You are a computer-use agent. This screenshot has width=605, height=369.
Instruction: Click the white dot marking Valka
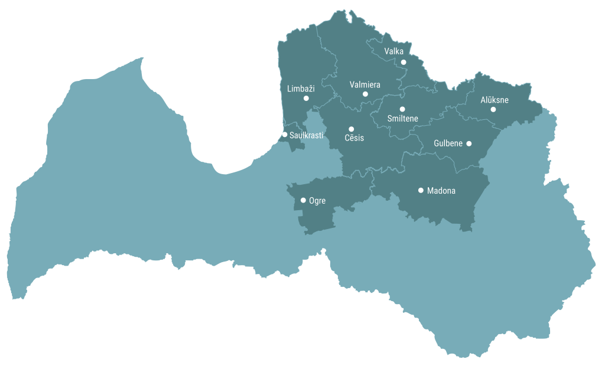tap(404, 62)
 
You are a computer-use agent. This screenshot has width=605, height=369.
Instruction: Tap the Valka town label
tap(393, 51)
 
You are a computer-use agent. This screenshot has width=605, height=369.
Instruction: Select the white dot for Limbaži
tap(306, 98)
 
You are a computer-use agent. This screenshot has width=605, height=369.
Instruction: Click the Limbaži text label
tap(301, 89)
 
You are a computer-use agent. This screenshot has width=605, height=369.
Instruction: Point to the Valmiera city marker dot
tap(365, 94)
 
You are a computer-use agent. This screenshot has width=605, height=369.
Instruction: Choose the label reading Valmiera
tap(365, 84)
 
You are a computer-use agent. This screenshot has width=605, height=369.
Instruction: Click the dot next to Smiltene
tap(402, 109)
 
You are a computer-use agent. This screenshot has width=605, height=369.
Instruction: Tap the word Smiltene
tap(402, 119)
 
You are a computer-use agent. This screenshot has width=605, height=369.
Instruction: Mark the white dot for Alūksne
tap(493, 109)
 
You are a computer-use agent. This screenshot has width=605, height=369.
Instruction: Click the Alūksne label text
tap(494, 100)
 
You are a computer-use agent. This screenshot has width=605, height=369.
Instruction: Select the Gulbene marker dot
tap(469, 143)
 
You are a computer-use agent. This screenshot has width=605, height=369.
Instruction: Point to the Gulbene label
tap(448, 143)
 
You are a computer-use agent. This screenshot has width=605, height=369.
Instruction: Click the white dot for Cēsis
tap(352, 129)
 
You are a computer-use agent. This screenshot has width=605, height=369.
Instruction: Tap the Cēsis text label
tap(354, 138)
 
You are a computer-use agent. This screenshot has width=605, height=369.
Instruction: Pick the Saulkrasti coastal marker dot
tap(285, 135)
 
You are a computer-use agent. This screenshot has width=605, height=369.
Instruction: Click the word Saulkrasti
tap(306, 135)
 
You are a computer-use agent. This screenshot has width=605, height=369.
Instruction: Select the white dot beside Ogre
tap(303, 200)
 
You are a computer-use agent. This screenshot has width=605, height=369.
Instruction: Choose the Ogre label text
tap(317, 201)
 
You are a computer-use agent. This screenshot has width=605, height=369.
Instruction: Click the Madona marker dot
tap(421, 190)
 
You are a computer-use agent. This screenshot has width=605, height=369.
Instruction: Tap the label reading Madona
tap(441, 191)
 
